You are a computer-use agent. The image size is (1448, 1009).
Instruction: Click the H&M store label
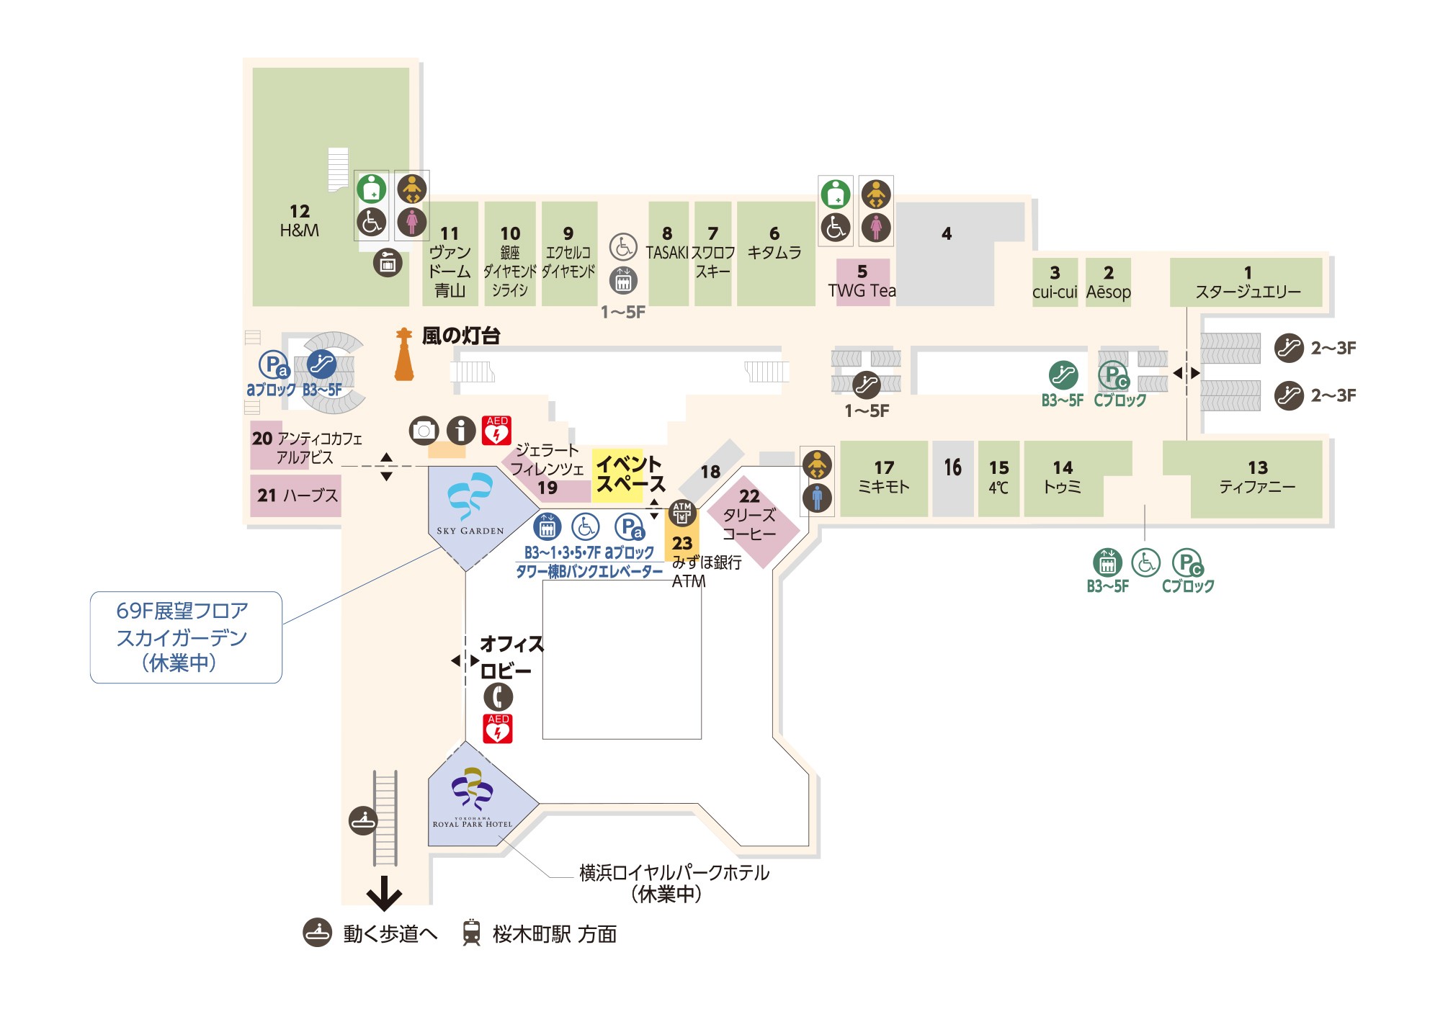tap(299, 230)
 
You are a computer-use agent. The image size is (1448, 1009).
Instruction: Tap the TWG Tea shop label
tap(862, 291)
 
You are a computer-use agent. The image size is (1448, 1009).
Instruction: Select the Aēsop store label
tap(1108, 292)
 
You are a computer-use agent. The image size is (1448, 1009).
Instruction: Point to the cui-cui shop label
tap(1055, 292)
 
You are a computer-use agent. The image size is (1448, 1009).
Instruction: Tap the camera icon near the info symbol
tap(424, 430)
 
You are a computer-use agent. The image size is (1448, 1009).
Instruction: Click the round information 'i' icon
tap(461, 430)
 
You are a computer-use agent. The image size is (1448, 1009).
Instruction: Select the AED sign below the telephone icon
tap(498, 728)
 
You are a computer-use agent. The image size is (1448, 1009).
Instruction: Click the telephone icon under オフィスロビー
tap(498, 696)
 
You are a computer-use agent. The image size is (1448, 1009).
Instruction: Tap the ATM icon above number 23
tap(681, 514)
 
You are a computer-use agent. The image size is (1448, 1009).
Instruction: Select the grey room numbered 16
tap(953, 479)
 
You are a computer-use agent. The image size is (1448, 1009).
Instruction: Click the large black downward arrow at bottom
tap(384, 893)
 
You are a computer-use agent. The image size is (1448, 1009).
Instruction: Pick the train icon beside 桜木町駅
tap(471, 933)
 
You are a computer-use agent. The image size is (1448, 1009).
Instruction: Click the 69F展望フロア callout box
tap(186, 637)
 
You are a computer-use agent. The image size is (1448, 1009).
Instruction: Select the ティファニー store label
tap(1257, 488)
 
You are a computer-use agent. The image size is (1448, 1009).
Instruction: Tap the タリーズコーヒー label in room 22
tap(749, 524)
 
